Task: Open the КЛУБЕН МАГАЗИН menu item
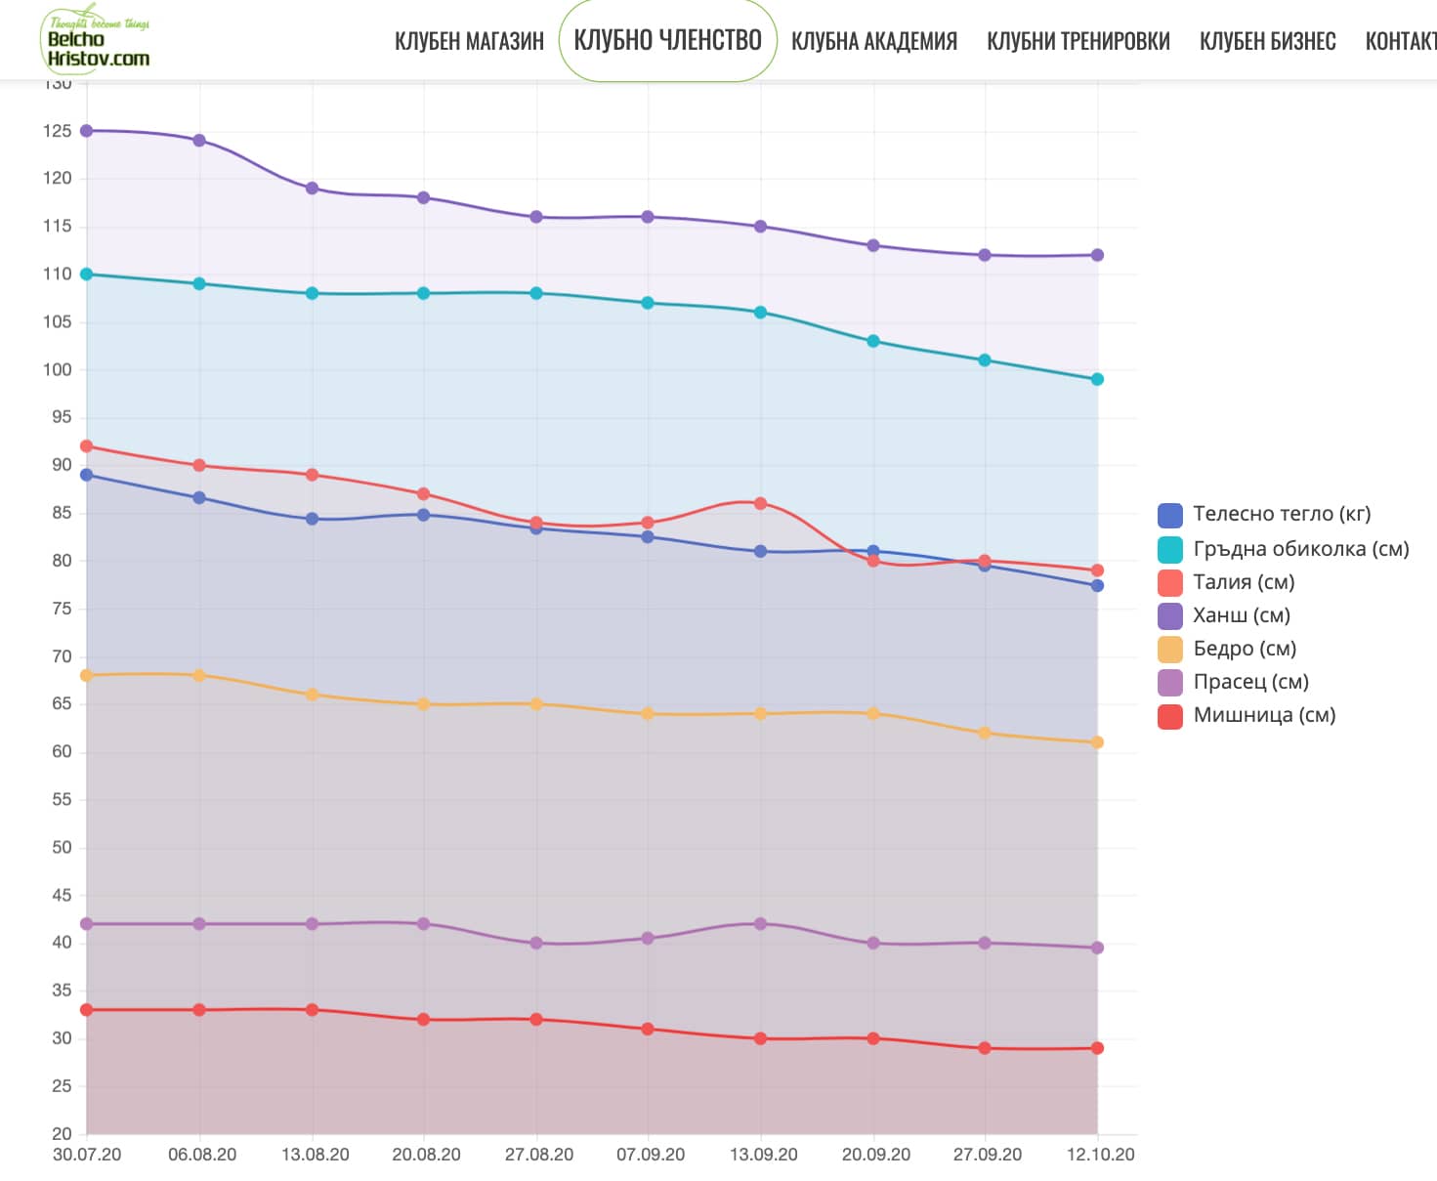point(469,41)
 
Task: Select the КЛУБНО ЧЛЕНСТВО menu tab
point(667,40)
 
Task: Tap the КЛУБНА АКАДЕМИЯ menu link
point(873,41)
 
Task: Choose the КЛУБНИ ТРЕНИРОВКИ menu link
point(1078,41)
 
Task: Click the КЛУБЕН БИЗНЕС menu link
point(1267,41)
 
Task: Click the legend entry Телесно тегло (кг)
point(1282,515)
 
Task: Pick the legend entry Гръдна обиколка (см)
point(1300,549)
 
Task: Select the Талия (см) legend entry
point(1244,582)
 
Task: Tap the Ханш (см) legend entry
point(1241,615)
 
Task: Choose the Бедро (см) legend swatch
point(1170,650)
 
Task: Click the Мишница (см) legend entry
point(1264,715)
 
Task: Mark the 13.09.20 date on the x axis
point(763,1155)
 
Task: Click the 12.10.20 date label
point(1100,1155)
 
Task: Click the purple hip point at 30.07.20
point(87,131)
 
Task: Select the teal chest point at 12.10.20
point(1097,380)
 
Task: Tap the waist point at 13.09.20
point(760,504)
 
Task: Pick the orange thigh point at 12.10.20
point(1097,742)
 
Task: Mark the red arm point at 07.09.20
point(648,1030)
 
